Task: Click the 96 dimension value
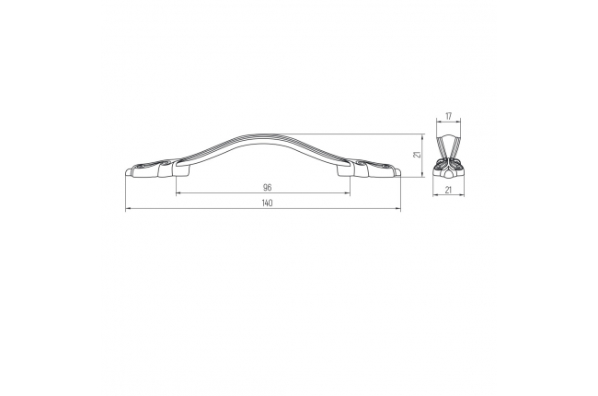(268, 188)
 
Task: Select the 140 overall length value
(268, 204)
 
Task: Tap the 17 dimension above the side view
(449, 116)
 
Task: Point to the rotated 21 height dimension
(418, 155)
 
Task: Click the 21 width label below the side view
(449, 190)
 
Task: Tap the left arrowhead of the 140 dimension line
(128, 209)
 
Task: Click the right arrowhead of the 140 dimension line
(398, 209)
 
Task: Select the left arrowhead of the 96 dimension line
(178, 193)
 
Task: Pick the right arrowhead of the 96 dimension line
(348, 193)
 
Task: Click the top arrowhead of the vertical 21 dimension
(422, 136)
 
